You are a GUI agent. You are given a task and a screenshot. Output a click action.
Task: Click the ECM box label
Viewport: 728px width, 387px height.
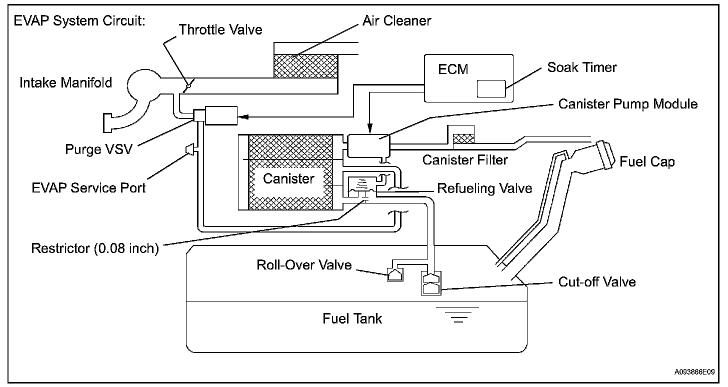tap(453, 69)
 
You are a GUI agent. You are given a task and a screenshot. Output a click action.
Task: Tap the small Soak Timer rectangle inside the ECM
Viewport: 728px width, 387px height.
tap(491, 88)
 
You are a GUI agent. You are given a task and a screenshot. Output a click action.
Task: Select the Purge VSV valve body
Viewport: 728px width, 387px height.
tap(220, 115)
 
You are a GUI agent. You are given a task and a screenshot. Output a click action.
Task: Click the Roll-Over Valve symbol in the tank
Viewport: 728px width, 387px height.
tap(394, 274)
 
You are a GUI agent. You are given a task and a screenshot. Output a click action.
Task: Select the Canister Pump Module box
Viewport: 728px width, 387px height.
tap(368, 144)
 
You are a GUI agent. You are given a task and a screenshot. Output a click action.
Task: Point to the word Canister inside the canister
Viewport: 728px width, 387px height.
tap(289, 178)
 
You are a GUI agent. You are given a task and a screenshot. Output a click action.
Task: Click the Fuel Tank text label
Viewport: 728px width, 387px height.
tap(352, 318)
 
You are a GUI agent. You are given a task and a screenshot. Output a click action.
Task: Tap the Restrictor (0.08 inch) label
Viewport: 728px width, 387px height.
tap(95, 248)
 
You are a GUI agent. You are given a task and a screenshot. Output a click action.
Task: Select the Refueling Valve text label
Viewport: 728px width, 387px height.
tap(484, 188)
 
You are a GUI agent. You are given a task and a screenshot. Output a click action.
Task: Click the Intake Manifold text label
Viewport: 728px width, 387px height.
tap(65, 82)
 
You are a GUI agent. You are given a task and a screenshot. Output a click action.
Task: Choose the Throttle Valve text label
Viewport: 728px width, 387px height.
tap(220, 29)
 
